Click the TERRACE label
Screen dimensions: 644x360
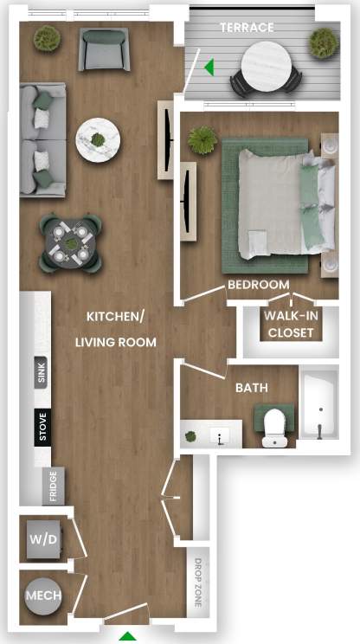coord(246,28)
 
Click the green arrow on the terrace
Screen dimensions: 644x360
coord(208,66)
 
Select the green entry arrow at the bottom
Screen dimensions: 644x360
coord(127,637)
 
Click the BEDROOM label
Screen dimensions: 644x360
coord(258,285)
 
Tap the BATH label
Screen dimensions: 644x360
coord(252,389)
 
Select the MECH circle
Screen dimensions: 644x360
coord(42,596)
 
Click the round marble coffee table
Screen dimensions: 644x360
coord(97,140)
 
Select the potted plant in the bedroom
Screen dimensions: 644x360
coord(202,138)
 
